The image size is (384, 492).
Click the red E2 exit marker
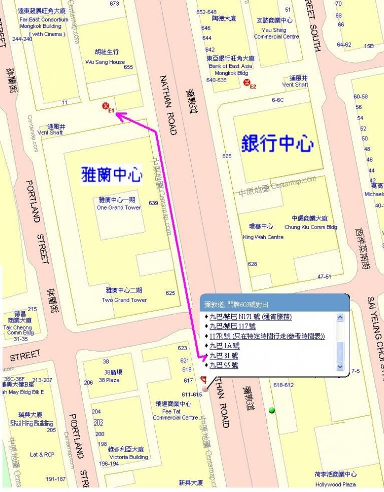[x=247, y=83]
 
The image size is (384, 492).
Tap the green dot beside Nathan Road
[x=272, y=410]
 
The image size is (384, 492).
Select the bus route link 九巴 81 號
[x=224, y=356]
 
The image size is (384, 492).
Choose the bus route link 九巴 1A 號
[x=224, y=346]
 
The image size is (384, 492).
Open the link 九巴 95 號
[x=224, y=365]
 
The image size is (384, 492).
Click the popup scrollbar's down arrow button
[x=340, y=366]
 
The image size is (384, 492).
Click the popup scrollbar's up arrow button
[x=340, y=317]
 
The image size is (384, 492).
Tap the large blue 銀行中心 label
[x=277, y=143]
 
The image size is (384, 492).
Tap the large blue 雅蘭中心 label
[x=112, y=175]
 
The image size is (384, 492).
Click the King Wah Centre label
[x=263, y=237]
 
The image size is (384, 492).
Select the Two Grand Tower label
[x=124, y=299]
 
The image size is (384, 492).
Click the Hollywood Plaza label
[x=335, y=484]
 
